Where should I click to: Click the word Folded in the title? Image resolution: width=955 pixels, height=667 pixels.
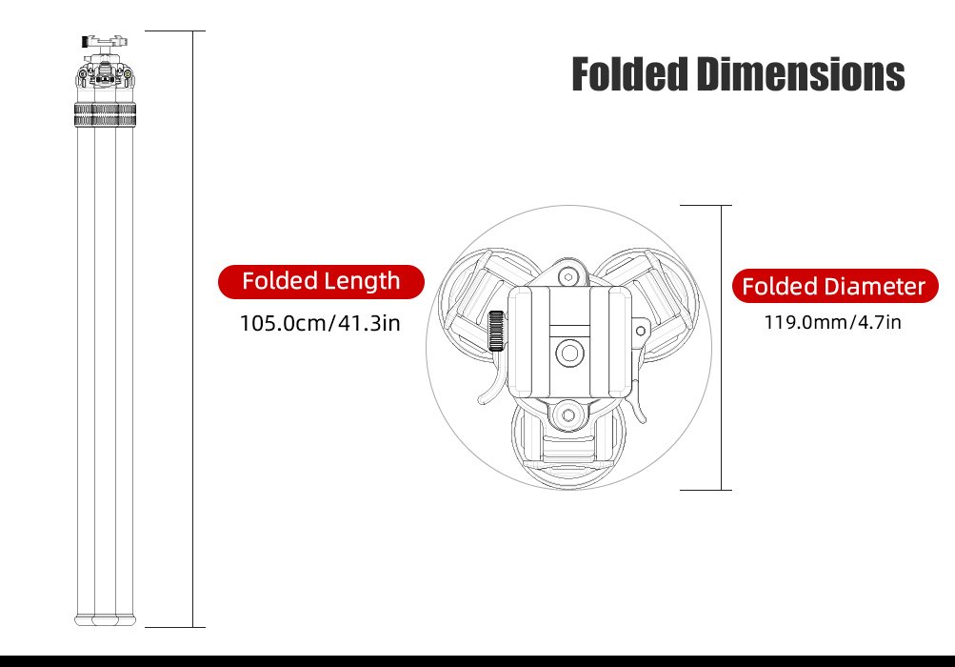coord(629,74)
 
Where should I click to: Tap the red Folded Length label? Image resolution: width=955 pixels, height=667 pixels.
coord(321,281)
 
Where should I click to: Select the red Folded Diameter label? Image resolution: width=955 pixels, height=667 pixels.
coord(833,286)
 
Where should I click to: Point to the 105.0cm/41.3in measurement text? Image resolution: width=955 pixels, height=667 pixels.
coord(319,323)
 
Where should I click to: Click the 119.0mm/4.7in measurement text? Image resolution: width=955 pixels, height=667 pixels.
coord(832,322)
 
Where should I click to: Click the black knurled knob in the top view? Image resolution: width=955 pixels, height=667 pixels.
coord(496,331)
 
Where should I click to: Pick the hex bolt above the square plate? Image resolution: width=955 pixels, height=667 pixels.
coord(569,275)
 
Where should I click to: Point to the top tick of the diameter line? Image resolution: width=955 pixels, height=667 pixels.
coord(706,205)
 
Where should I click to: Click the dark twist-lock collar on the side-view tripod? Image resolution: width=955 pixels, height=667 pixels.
coord(105,116)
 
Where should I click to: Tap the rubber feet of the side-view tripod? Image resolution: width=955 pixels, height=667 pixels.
coord(105,619)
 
